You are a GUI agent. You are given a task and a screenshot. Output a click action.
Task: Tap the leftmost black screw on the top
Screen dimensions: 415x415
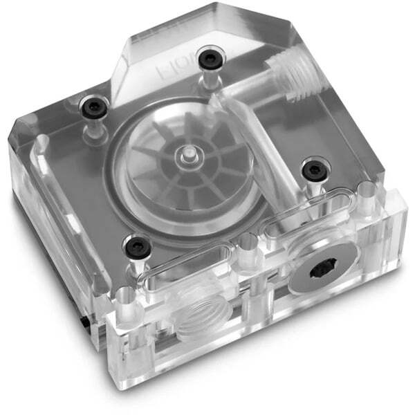pos(91,107)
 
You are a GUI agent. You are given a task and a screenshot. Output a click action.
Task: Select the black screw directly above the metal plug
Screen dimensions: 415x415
pos(312,167)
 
